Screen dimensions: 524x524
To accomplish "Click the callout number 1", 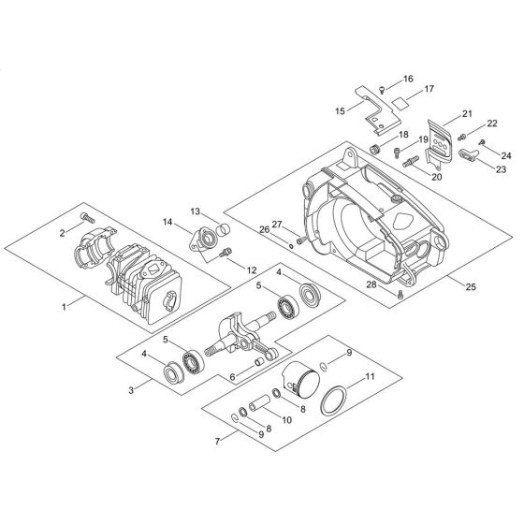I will click(x=63, y=304).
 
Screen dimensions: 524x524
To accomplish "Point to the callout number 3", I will click(x=131, y=387).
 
